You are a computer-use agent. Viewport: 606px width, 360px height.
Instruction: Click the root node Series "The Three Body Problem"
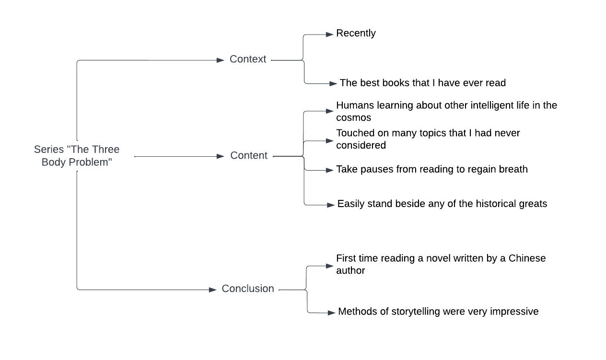(x=77, y=156)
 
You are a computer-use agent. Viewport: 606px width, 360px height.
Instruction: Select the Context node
(x=247, y=59)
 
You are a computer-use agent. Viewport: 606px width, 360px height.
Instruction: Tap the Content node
(x=249, y=155)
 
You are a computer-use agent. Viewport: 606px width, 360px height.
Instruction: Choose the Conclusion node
(x=247, y=288)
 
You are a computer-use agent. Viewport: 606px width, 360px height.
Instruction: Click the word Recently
(x=356, y=33)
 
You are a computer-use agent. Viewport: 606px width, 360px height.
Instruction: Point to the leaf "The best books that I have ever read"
(x=422, y=83)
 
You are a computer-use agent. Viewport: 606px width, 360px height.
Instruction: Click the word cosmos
(x=353, y=117)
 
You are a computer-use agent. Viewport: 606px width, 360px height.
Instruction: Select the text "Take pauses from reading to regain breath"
(x=432, y=169)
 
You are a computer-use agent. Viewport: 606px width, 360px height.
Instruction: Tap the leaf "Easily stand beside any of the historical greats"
(x=442, y=204)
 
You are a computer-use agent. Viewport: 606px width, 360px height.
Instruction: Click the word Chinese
(x=527, y=258)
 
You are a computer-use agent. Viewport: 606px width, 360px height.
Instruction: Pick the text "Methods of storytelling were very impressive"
(x=438, y=312)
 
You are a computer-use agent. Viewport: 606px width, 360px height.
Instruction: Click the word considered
(x=361, y=145)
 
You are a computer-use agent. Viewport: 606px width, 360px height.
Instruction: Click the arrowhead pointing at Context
(x=221, y=60)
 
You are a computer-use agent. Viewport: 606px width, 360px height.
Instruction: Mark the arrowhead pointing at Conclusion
(x=213, y=290)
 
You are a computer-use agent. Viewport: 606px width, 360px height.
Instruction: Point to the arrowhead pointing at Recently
(x=330, y=35)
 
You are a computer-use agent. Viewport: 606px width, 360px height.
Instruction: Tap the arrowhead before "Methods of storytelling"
(x=331, y=313)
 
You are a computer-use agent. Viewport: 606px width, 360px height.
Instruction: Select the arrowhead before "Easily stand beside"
(x=331, y=205)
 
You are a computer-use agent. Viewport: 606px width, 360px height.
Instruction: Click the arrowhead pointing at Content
(x=221, y=156)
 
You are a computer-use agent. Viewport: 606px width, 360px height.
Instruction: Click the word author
(x=350, y=270)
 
